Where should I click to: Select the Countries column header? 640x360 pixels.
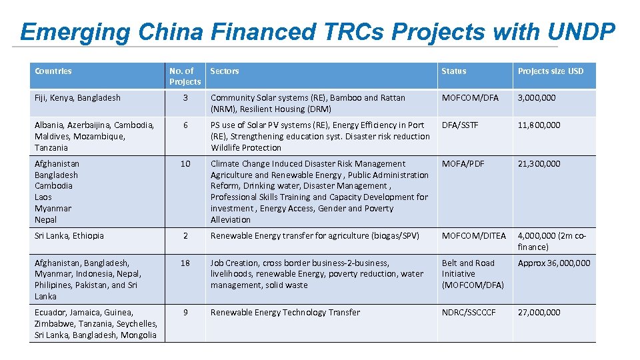pyautogui.click(x=53, y=71)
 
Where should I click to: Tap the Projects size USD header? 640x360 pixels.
pyautogui.click(x=550, y=71)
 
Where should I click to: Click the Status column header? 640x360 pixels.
pyautogui.click(x=454, y=71)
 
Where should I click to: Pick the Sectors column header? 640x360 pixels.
pyautogui.click(x=225, y=71)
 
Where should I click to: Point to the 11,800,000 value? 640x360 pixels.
pyautogui.click(x=539, y=125)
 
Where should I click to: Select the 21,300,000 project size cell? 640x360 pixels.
pyautogui.click(x=539, y=163)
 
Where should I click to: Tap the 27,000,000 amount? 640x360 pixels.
pyautogui.click(x=539, y=312)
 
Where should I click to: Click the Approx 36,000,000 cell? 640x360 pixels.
pyautogui.click(x=554, y=263)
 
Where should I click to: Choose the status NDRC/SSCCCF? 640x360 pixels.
pyautogui.click(x=469, y=312)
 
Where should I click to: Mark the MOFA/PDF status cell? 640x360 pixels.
pyautogui.click(x=463, y=163)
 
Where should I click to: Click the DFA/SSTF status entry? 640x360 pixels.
pyautogui.click(x=460, y=125)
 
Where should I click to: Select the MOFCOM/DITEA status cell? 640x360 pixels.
pyautogui.click(x=474, y=235)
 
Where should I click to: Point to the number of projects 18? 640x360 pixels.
pyautogui.click(x=185, y=263)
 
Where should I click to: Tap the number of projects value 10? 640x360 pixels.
pyautogui.click(x=185, y=163)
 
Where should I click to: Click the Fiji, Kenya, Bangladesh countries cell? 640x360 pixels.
pyautogui.click(x=77, y=98)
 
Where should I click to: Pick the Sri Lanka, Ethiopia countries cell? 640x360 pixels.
pyautogui.click(x=69, y=235)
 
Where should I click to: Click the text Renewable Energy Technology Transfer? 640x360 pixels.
pyautogui.click(x=285, y=312)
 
